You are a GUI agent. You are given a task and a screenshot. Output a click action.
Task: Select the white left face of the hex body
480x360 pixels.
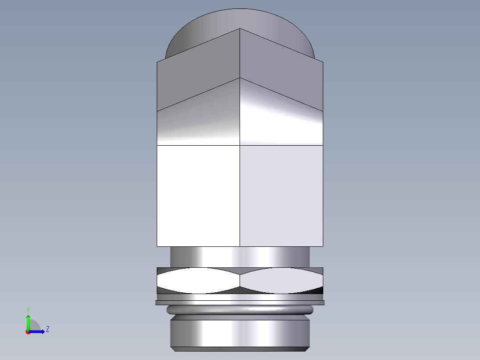coord(198,196)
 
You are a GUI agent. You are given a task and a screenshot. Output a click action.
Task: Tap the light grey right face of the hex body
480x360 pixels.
coord(281,196)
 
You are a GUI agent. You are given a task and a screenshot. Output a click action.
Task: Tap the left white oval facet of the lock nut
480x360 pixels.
coord(198,280)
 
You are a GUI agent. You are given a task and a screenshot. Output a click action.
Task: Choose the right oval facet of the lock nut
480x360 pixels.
coord(281,280)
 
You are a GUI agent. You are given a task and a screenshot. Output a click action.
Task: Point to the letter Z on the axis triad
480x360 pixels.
coord(47,329)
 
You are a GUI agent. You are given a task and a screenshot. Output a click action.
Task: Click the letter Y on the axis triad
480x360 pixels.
coord(28,309)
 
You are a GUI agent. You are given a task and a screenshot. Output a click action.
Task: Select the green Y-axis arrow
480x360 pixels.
coord(28,322)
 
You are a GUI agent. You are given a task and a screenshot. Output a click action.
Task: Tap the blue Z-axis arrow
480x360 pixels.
coord(37,331)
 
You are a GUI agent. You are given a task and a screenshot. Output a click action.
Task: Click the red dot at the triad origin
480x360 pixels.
coord(28,332)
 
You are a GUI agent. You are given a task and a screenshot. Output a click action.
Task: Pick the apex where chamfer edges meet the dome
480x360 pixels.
coord(240,29)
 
